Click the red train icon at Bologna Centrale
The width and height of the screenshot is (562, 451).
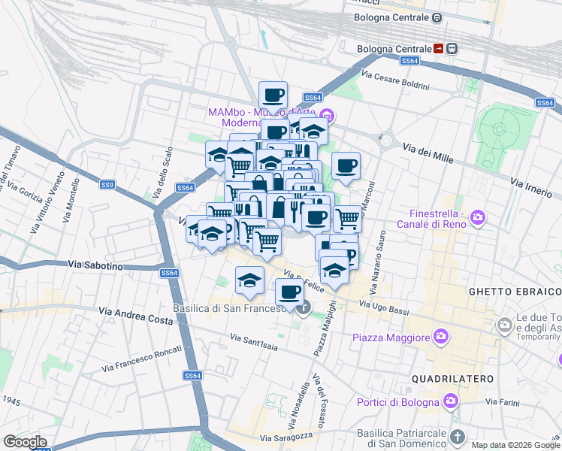[x=439, y=48]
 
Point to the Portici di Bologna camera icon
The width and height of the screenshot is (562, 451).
[x=451, y=399]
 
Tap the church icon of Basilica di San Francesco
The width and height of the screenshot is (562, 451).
[x=304, y=307]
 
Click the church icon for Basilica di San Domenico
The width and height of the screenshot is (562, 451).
[x=458, y=436]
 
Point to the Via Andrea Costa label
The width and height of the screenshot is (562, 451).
[x=135, y=310]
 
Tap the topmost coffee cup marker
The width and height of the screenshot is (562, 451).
[x=273, y=95]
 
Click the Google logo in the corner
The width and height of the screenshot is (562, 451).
[x=25, y=442]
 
